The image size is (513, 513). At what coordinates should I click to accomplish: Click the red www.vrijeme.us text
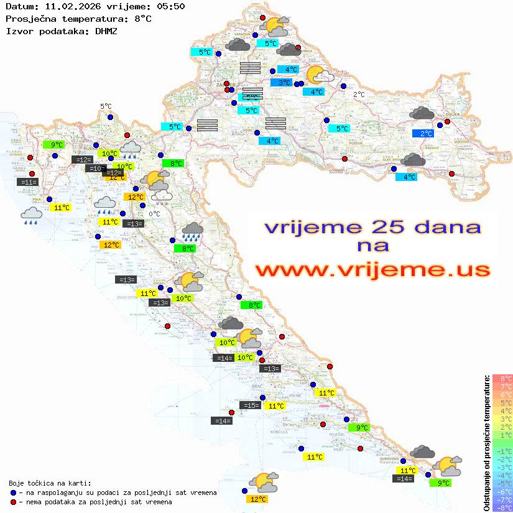pos(372,270)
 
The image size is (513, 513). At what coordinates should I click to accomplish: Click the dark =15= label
pos(250,405)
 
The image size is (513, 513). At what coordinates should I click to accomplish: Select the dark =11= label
pos(28,182)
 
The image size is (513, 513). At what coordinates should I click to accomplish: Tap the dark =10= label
pos(95,169)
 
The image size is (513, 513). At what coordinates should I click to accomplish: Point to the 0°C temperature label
pos(154,214)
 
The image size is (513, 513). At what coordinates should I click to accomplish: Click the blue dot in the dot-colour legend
pos(14,492)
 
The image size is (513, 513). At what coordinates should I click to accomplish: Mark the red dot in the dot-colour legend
pos(14,502)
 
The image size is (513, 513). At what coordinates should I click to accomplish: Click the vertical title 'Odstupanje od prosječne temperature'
pos(486,443)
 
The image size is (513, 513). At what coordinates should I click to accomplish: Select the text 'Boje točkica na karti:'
pos(50,483)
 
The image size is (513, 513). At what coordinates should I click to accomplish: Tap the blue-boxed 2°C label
pos(425,134)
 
